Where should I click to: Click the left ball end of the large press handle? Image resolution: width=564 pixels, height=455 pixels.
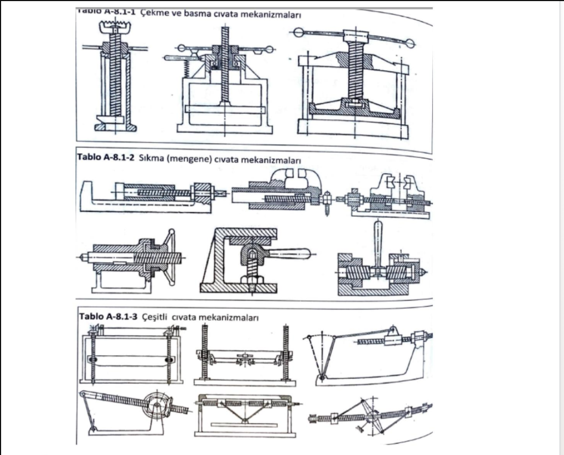pos(298,33)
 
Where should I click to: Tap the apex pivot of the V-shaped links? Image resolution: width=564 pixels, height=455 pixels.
pos(244,421)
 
